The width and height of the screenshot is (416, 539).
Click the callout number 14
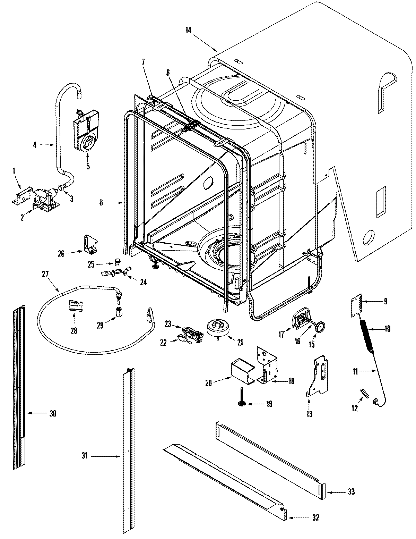(188, 30)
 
